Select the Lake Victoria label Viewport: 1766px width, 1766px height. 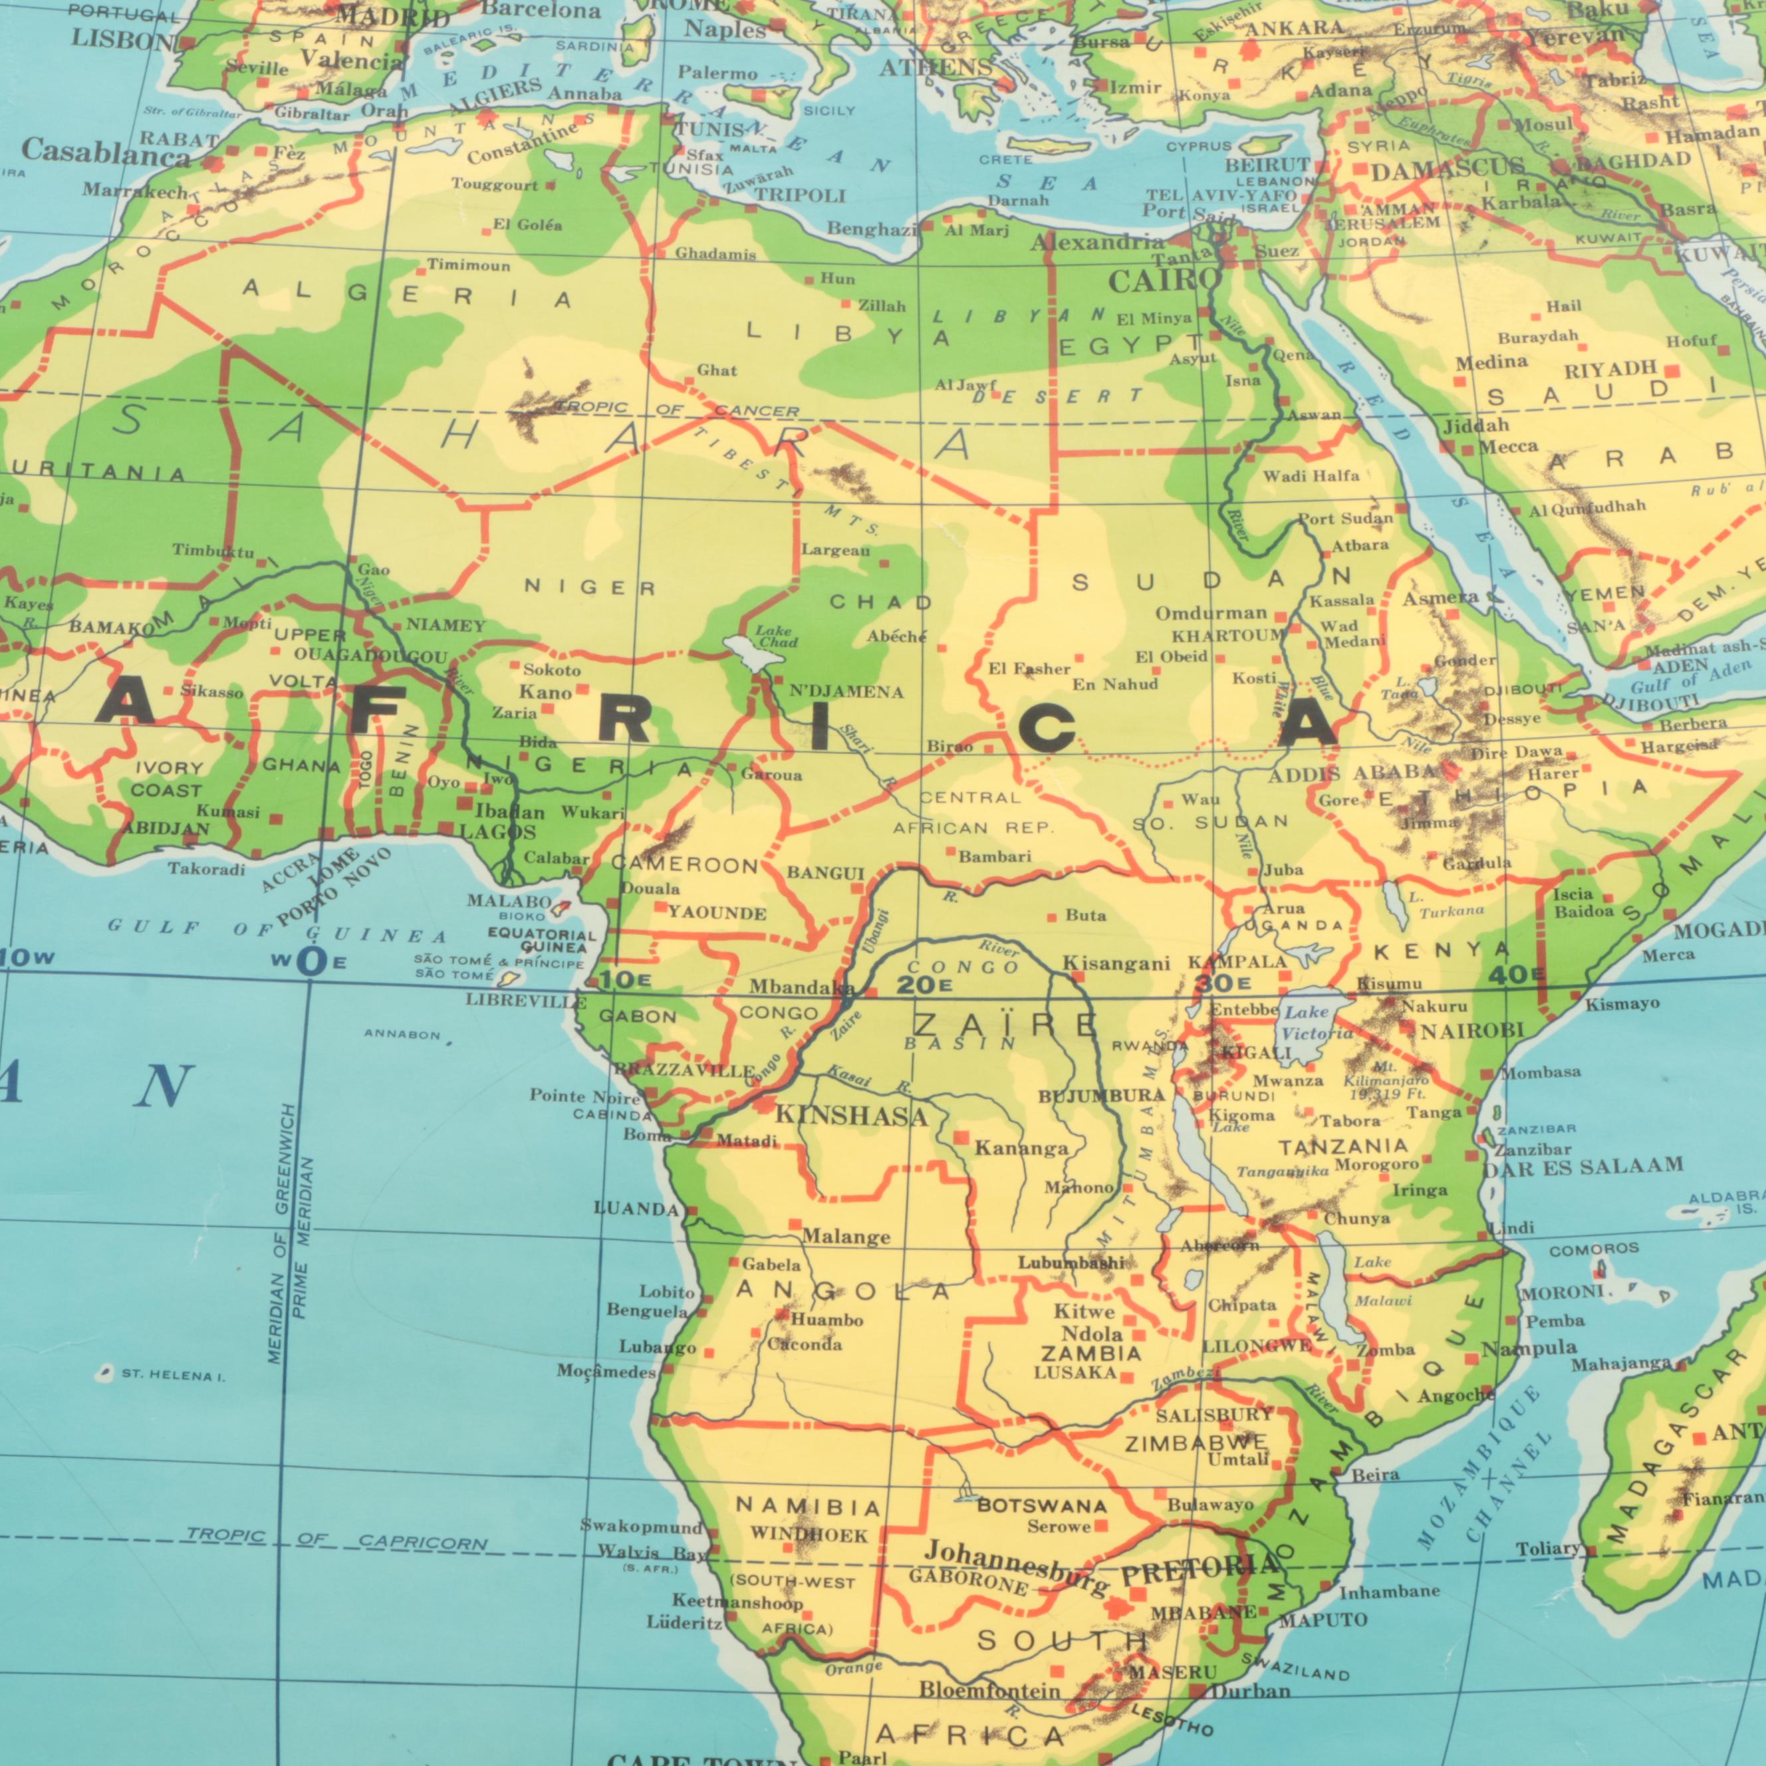tap(1317, 1023)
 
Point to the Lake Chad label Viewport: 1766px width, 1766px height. tap(775, 636)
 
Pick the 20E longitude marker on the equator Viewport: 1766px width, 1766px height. tap(924, 985)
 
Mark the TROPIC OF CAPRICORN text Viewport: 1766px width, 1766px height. tap(336, 1539)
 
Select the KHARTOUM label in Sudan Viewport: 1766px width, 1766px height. tap(1227, 635)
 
